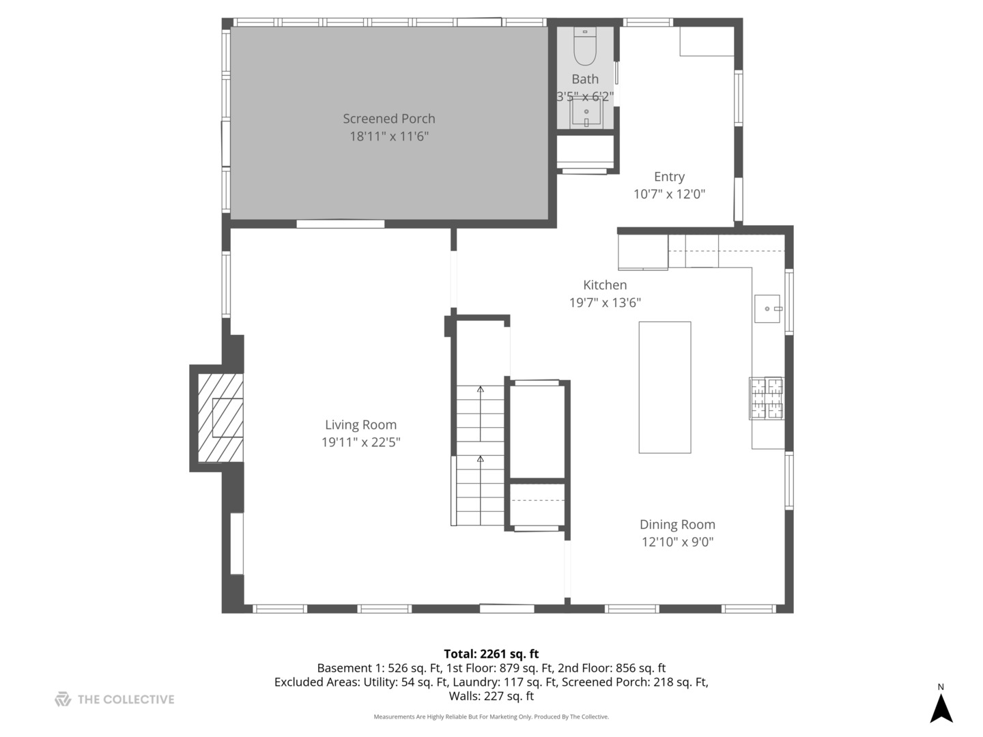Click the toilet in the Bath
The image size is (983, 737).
pos(584,46)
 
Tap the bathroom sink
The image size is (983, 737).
pos(586,113)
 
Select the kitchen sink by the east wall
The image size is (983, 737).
pos(767,308)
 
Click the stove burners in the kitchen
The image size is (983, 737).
pos(766,399)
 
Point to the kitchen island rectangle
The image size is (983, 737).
pos(665,387)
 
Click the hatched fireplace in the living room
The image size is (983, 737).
pos(220,418)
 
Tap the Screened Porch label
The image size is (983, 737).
pos(388,119)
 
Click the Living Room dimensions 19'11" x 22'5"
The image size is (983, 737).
pos(360,442)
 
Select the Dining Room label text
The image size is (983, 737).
pos(677,525)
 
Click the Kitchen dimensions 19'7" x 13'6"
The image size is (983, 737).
pos(605,302)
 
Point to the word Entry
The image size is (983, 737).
pos(669,177)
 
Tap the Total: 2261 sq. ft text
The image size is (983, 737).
pos(491,654)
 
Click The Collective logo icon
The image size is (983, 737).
pos(63,699)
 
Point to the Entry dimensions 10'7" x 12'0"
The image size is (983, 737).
pos(669,194)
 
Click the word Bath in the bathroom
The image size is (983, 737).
pos(585,79)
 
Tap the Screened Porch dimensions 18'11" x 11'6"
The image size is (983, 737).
pos(388,136)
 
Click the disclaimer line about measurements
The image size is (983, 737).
pos(491,717)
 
